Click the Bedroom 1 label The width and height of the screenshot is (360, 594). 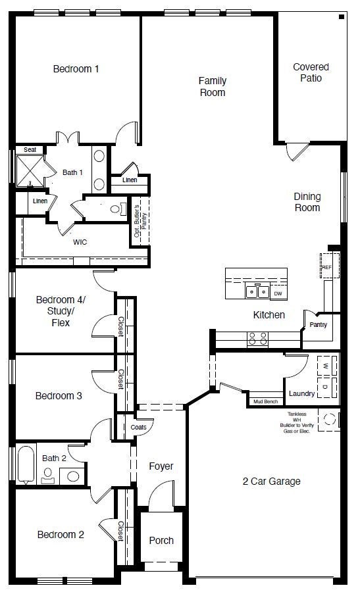point(76,68)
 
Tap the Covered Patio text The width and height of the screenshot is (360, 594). point(311,72)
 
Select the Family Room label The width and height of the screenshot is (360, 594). point(212,87)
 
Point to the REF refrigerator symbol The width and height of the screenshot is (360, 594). point(327,266)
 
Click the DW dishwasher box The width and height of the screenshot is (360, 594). point(278,293)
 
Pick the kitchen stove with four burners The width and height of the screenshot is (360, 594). point(257,339)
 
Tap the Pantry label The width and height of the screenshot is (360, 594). point(318,325)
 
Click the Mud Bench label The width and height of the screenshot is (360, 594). point(265,401)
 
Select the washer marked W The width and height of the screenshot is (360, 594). point(326,364)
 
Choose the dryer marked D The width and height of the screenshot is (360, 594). point(326,387)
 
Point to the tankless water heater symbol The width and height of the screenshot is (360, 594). point(328,419)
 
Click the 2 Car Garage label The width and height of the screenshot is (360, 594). point(270,482)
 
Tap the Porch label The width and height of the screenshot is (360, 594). point(161,540)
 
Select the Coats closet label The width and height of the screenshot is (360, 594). point(139,427)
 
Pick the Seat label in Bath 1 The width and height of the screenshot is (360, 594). point(30,150)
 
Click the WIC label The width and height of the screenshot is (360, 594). point(80,242)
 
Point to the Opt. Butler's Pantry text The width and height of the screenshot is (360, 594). point(139,221)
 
